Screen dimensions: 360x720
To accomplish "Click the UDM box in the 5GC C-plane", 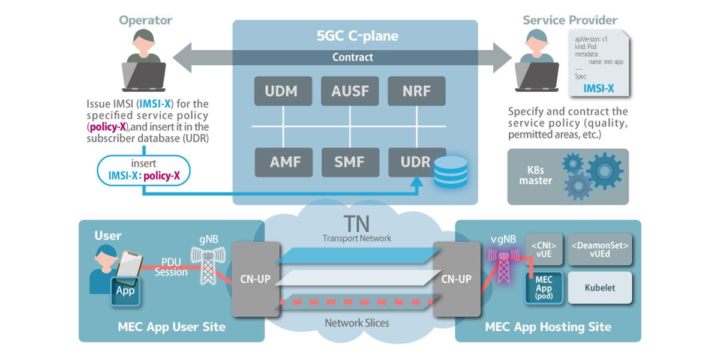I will (x=281, y=92).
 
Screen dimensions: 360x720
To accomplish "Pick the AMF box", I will (x=281, y=162).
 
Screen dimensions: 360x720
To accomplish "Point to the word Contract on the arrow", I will (x=353, y=57).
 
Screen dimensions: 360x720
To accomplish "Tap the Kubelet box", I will (x=600, y=288).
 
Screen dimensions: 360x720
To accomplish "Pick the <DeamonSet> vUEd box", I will (x=600, y=249).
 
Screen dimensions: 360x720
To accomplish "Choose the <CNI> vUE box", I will (x=544, y=249).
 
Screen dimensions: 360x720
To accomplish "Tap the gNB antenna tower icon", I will (x=207, y=266).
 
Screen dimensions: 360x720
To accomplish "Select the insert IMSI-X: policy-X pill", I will (x=143, y=170).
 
